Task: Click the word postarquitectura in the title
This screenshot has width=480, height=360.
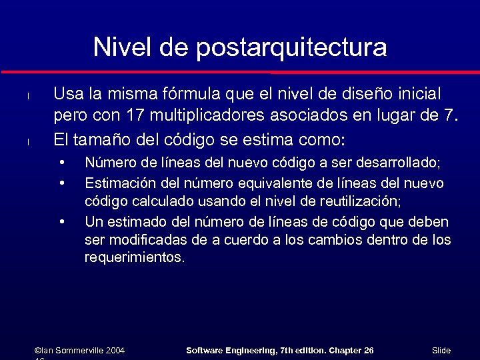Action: [291, 47]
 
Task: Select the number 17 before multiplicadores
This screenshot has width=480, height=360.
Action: [135, 116]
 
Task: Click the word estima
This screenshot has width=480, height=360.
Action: [276, 140]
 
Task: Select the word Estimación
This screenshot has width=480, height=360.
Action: [119, 183]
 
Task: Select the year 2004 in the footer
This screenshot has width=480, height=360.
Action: [115, 351]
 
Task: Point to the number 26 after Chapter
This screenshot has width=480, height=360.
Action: [368, 351]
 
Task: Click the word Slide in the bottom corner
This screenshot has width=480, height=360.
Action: [441, 351]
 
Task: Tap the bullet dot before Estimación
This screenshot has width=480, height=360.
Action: [61, 181]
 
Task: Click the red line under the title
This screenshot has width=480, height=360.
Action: [240, 71]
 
